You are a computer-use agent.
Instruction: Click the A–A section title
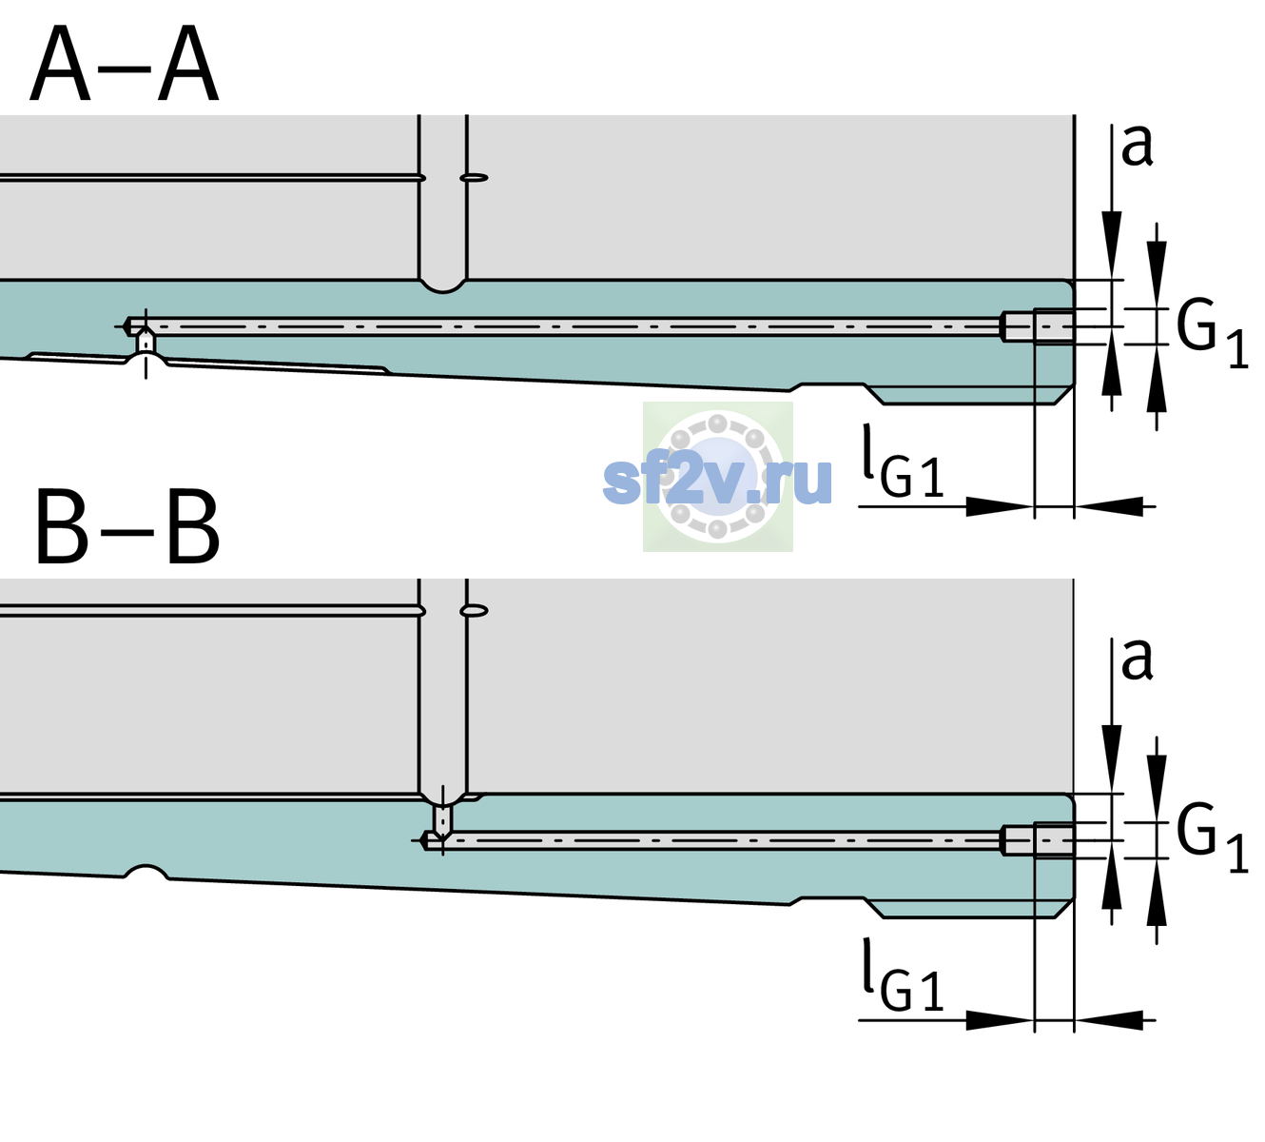[x=125, y=64]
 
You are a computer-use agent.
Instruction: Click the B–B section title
[x=128, y=526]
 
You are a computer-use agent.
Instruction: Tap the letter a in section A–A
[x=1138, y=147]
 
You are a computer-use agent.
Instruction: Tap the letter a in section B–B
[x=1138, y=660]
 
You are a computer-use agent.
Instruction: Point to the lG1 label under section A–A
[x=903, y=462]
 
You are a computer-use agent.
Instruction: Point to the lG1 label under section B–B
[x=903, y=975]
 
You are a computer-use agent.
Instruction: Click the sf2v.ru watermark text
[x=718, y=481]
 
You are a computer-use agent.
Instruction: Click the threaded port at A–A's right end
[x=1038, y=326]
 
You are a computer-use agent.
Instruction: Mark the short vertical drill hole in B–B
[x=443, y=819]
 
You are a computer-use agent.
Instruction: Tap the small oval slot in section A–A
[x=474, y=178]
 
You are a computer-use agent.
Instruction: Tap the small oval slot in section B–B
[x=474, y=611]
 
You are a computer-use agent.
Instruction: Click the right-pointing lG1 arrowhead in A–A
[x=1001, y=506]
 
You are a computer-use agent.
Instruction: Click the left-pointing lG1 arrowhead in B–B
[x=1109, y=1020]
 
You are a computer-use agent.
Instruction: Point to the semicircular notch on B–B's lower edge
[x=146, y=872]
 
